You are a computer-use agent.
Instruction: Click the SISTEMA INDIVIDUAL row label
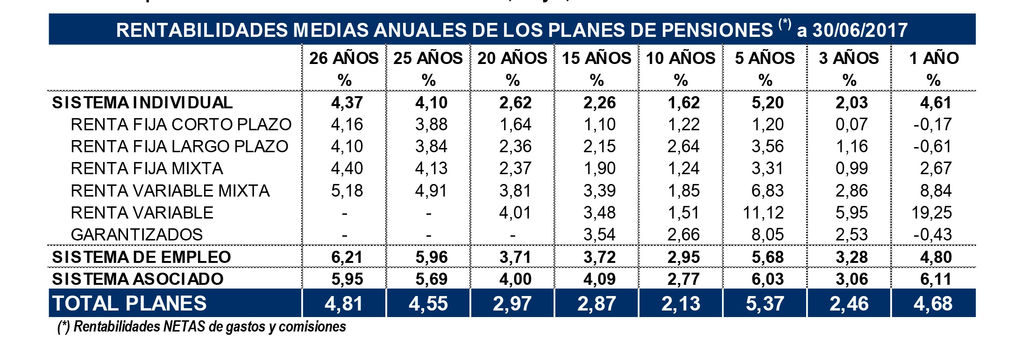tap(142, 103)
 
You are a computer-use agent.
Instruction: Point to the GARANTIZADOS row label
tap(136, 234)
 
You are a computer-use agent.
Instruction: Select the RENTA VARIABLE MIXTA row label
tap(170, 191)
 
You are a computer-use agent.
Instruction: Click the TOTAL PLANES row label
tap(129, 304)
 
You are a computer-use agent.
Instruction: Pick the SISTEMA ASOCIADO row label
tap(138, 279)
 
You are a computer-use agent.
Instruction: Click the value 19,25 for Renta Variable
tap(931, 212)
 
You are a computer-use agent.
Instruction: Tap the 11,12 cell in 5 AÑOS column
tap(763, 212)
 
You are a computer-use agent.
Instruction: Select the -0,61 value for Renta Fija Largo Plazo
tap(932, 147)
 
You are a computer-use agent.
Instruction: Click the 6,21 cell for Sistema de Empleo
tap(347, 257)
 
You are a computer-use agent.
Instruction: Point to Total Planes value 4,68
tap(933, 304)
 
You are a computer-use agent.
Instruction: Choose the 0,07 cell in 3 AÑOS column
tap(851, 125)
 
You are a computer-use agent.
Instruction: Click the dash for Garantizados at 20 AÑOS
tap(513, 234)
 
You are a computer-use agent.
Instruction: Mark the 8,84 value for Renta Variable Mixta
tap(936, 191)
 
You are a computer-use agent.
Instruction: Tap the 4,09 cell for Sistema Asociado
tap(599, 279)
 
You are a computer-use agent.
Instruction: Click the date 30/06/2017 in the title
tap(860, 30)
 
